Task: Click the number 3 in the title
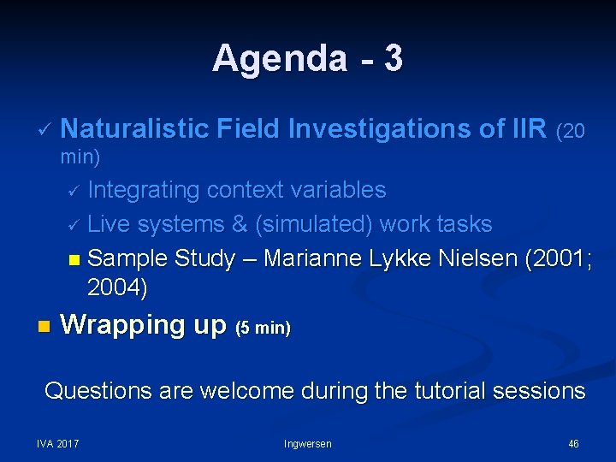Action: point(393,59)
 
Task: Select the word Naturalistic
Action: point(135,129)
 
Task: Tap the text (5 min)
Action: point(263,328)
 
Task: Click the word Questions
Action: point(97,391)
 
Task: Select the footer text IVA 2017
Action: point(57,443)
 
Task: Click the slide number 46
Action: point(573,443)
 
